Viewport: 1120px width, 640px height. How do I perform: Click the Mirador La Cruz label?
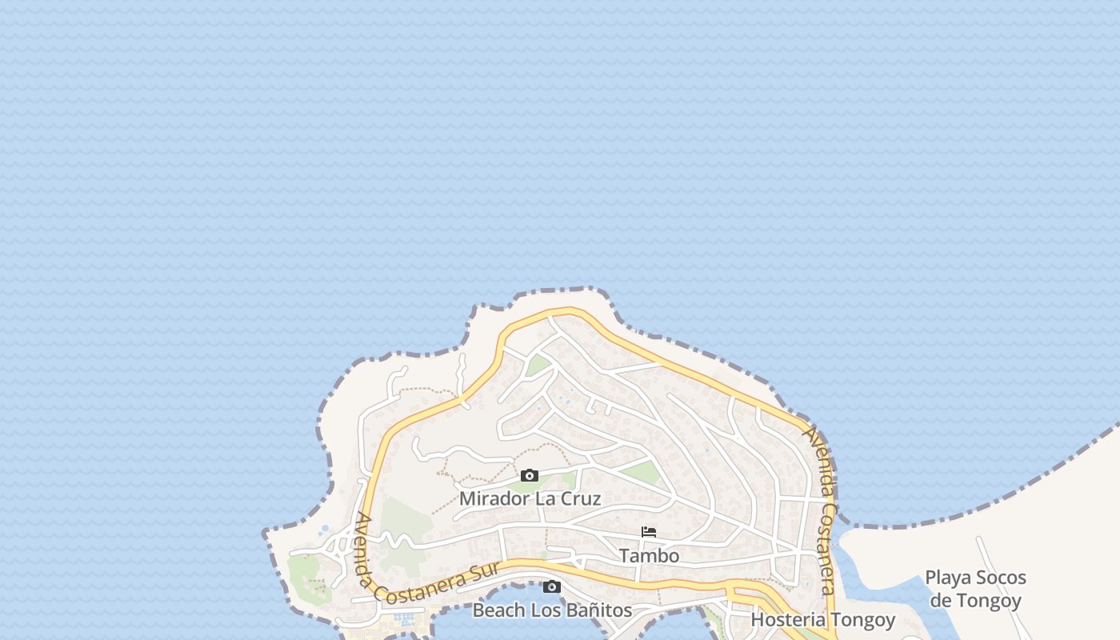point(530,498)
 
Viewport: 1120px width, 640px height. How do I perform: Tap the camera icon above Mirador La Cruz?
point(530,476)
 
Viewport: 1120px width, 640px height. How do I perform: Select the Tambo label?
point(649,555)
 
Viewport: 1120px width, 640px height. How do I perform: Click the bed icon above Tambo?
point(649,532)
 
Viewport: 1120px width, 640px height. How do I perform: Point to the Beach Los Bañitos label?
point(552,610)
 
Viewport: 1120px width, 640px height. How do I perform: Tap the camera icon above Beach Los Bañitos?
point(551,587)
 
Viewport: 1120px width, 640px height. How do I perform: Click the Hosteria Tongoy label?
point(822,619)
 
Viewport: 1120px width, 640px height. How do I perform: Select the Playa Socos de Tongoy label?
point(975,589)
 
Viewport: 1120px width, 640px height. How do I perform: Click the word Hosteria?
point(788,619)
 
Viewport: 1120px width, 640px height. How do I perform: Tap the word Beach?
point(497,610)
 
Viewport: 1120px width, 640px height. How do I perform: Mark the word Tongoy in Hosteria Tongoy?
point(862,619)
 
